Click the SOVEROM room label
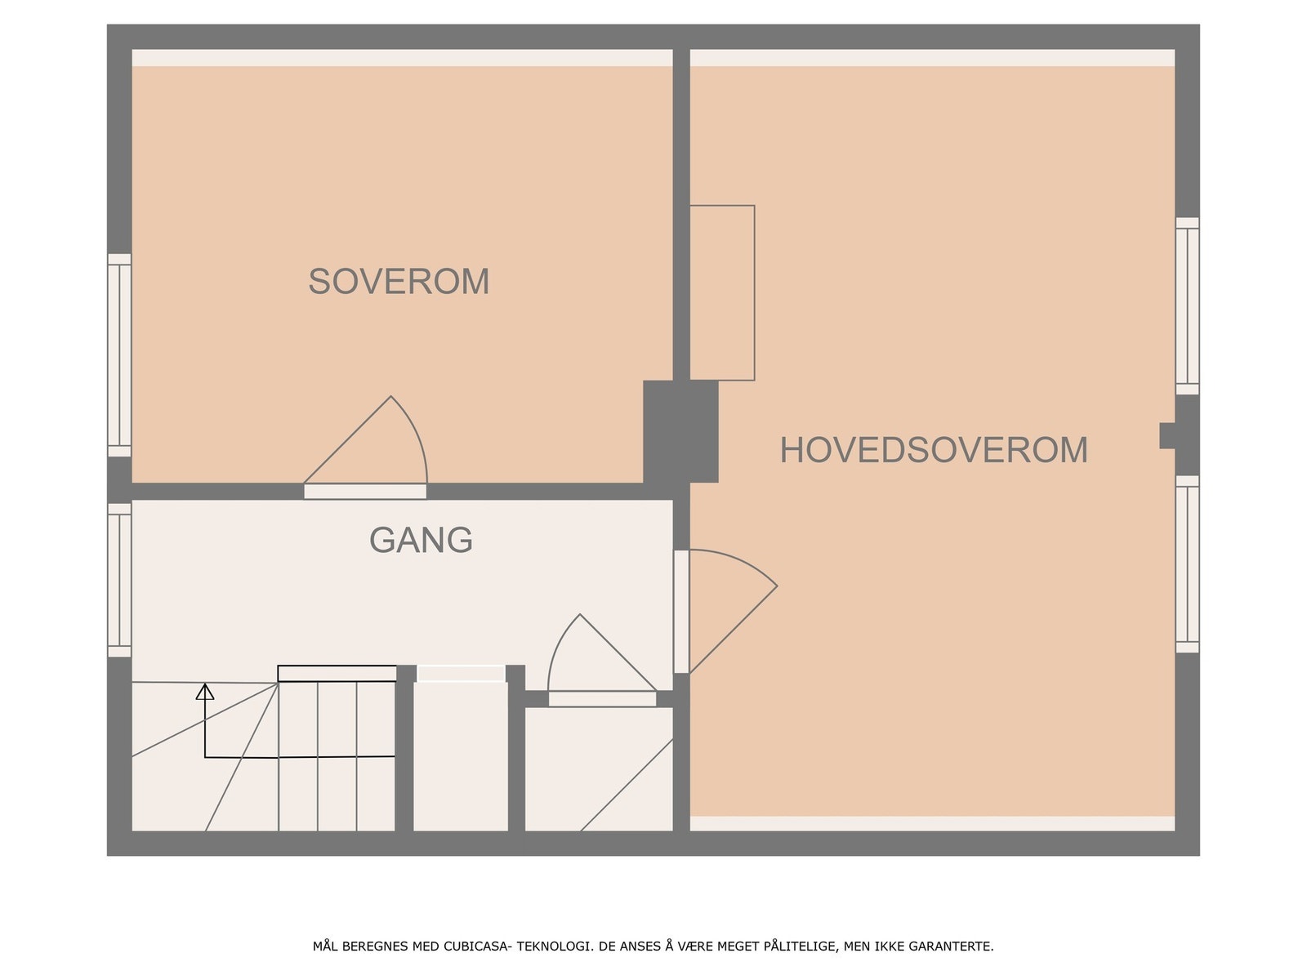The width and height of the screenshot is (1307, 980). [x=399, y=282]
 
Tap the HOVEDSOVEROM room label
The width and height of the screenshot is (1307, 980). [x=934, y=450]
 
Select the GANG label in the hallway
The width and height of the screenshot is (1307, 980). [x=421, y=540]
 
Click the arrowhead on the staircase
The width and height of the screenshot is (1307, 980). [x=205, y=693]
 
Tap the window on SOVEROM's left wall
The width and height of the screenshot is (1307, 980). [x=120, y=355]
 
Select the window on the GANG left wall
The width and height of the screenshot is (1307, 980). [x=120, y=580]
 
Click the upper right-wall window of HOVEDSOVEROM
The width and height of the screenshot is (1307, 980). [x=1187, y=306]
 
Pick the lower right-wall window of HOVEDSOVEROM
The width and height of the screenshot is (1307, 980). [x=1187, y=564]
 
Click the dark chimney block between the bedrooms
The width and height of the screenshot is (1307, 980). [x=680, y=431]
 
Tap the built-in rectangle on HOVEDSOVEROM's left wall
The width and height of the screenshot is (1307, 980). [x=722, y=292]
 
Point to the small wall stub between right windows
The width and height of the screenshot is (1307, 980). [x=1167, y=435]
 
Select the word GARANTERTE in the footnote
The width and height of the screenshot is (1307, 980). [x=953, y=947]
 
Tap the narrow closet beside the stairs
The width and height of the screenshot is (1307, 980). [x=461, y=755]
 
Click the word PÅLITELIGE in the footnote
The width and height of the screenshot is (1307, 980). [x=801, y=947]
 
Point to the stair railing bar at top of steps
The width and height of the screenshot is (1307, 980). [x=337, y=674]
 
